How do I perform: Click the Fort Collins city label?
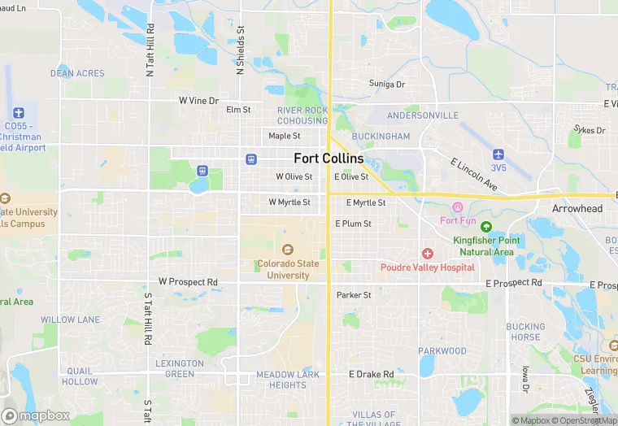329,159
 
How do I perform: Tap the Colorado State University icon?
286,250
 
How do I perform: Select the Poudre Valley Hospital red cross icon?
427,254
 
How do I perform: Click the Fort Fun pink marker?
457,208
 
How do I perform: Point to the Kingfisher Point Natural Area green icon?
486,227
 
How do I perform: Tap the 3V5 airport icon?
498,154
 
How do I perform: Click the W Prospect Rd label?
188,281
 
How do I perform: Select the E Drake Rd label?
371,374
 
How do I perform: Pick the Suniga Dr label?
387,84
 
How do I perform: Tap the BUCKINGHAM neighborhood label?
381,137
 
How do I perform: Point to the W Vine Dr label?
199,101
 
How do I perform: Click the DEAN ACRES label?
77,73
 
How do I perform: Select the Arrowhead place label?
577,209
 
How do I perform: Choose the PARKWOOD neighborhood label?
442,351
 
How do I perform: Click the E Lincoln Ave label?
474,174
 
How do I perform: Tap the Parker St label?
354,295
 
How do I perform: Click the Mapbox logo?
36,415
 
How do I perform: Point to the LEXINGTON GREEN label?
180,368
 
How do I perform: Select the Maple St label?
285,136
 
